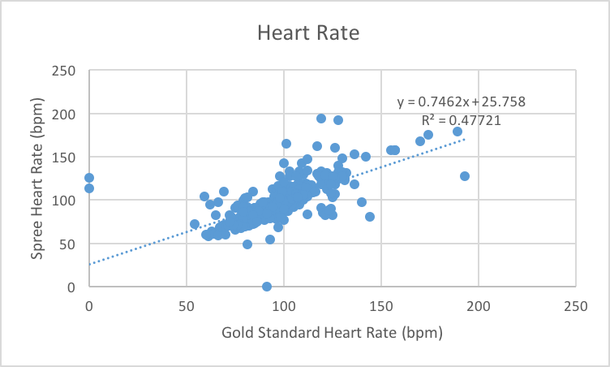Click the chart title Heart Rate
(x=307, y=33)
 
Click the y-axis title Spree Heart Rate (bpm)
(x=37, y=178)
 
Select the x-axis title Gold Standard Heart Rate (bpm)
(x=331, y=332)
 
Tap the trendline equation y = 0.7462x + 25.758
(x=461, y=102)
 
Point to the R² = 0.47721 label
(x=461, y=120)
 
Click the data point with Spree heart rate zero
(x=267, y=287)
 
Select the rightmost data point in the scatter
(x=465, y=176)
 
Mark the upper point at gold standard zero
(x=89, y=178)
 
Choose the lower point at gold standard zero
(x=89, y=188)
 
